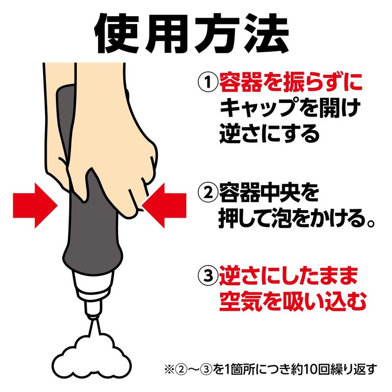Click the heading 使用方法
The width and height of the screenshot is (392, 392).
(192, 33)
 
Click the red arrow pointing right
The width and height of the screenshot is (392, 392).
(35, 205)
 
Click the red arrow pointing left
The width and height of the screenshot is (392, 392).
(164, 205)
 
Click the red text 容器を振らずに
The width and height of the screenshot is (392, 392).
(291, 82)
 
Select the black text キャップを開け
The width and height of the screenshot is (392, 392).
(290, 107)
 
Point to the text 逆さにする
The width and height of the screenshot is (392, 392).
(269, 133)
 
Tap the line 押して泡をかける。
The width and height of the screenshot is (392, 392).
(296, 219)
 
